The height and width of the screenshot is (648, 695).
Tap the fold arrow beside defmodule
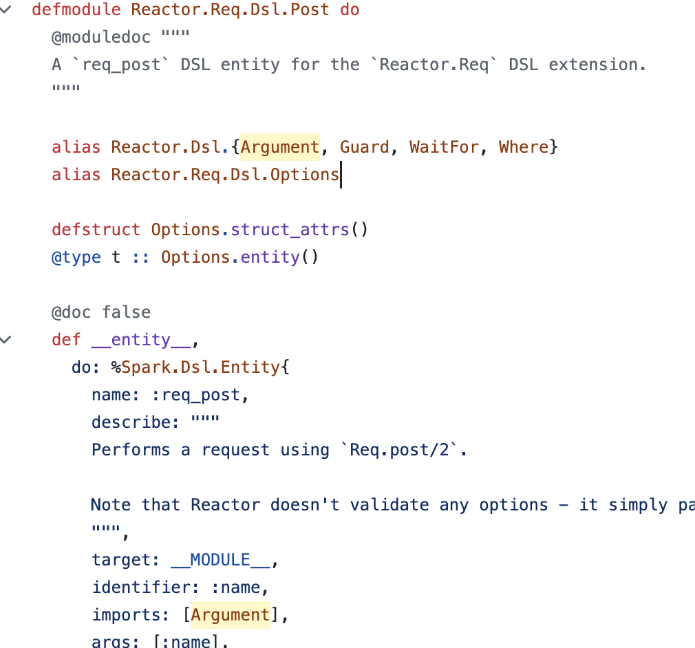[7, 10]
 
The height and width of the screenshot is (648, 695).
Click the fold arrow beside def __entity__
[7, 339]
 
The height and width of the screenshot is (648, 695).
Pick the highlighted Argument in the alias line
[280, 147]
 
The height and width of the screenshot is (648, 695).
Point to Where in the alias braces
[524, 147]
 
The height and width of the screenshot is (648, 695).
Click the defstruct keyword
[96, 230]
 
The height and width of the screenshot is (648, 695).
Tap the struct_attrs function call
[290, 230]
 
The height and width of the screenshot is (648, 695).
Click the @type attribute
[76, 257]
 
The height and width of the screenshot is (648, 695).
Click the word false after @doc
[126, 312]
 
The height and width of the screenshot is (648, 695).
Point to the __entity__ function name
[140, 340]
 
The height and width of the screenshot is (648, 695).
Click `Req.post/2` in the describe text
[399, 450]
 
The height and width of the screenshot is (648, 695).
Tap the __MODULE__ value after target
[220, 560]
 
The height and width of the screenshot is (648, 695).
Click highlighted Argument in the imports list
[231, 615]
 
